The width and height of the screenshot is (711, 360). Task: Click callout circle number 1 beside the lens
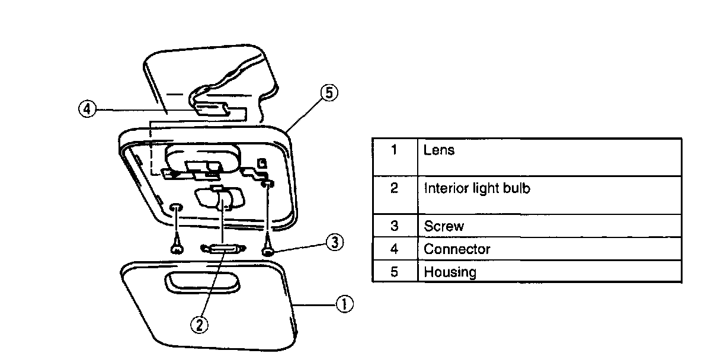[344, 304]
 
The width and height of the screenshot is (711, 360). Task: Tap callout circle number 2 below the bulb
[200, 324]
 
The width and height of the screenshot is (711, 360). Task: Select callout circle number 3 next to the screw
[335, 243]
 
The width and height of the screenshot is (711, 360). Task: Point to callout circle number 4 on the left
[87, 110]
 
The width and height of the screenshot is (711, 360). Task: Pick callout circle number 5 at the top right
[329, 94]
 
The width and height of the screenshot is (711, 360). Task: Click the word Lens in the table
[439, 150]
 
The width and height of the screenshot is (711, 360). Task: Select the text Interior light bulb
[476, 189]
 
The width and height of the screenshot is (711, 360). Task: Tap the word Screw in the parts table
[444, 226]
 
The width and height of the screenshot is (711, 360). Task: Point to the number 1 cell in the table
[394, 150]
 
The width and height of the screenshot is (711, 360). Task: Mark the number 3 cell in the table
[394, 226]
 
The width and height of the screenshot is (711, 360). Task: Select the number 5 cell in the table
[394, 272]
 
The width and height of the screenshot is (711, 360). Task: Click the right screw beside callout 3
[268, 249]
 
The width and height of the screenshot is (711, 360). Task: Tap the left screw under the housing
[176, 247]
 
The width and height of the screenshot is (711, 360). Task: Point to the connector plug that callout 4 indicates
[212, 110]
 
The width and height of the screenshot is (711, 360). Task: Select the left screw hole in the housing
[176, 208]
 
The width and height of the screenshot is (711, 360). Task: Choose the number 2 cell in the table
[394, 189]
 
